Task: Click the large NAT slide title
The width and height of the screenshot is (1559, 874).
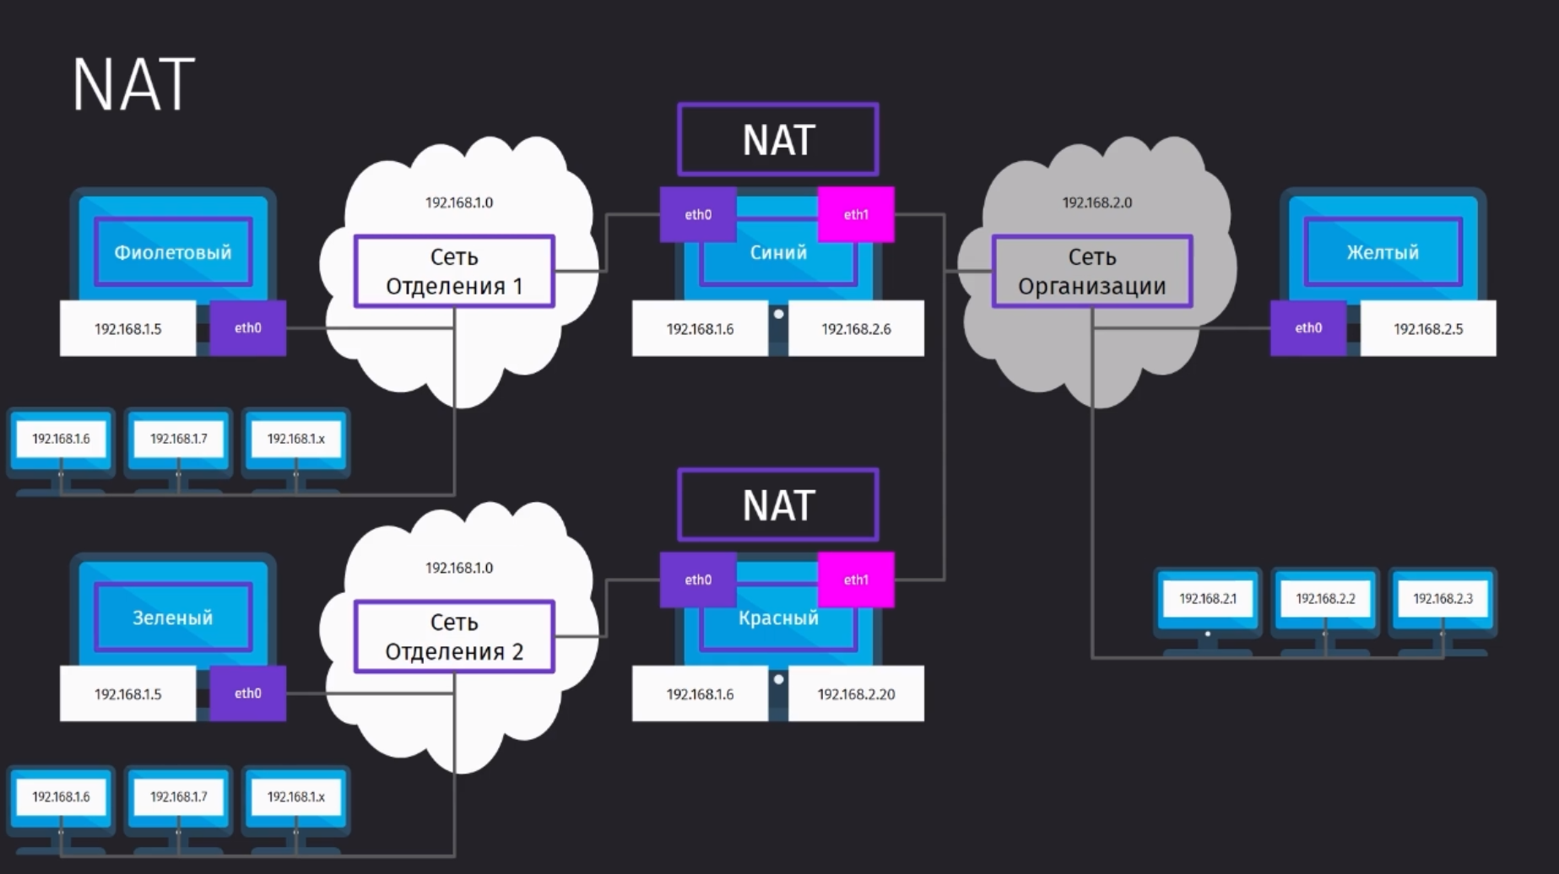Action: [x=133, y=84]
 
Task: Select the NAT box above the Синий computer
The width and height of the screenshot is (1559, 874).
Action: [x=777, y=139]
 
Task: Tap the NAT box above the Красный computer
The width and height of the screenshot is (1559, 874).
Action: [x=777, y=504]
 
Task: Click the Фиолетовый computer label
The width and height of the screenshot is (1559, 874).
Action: [x=173, y=252]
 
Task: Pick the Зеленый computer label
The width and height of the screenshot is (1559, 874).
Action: [x=173, y=618]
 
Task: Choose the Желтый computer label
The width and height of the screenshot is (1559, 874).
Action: [x=1383, y=252]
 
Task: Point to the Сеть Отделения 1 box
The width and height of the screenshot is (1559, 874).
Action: [x=454, y=271]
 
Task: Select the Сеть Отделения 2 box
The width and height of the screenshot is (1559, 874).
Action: [x=454, y=636]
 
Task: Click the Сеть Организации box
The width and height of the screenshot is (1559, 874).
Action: [x=1092, y=271]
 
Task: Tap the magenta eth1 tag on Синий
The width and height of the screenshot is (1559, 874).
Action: [x=856, y=214]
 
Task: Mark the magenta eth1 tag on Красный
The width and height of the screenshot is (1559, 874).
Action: [x=856, y=580]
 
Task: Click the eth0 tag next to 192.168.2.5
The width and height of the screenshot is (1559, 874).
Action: [x=1308, y=328]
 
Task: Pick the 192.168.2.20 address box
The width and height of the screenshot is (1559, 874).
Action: [x=856, y=693]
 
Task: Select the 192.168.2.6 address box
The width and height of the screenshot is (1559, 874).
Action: [x=856, y=328]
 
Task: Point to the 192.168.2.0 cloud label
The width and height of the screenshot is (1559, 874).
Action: [x=1097, y=202]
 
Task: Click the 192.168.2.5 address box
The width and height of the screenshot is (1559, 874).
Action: [x=1428, y=328]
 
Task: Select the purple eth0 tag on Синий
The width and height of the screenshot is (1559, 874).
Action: [x=698, y=214]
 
